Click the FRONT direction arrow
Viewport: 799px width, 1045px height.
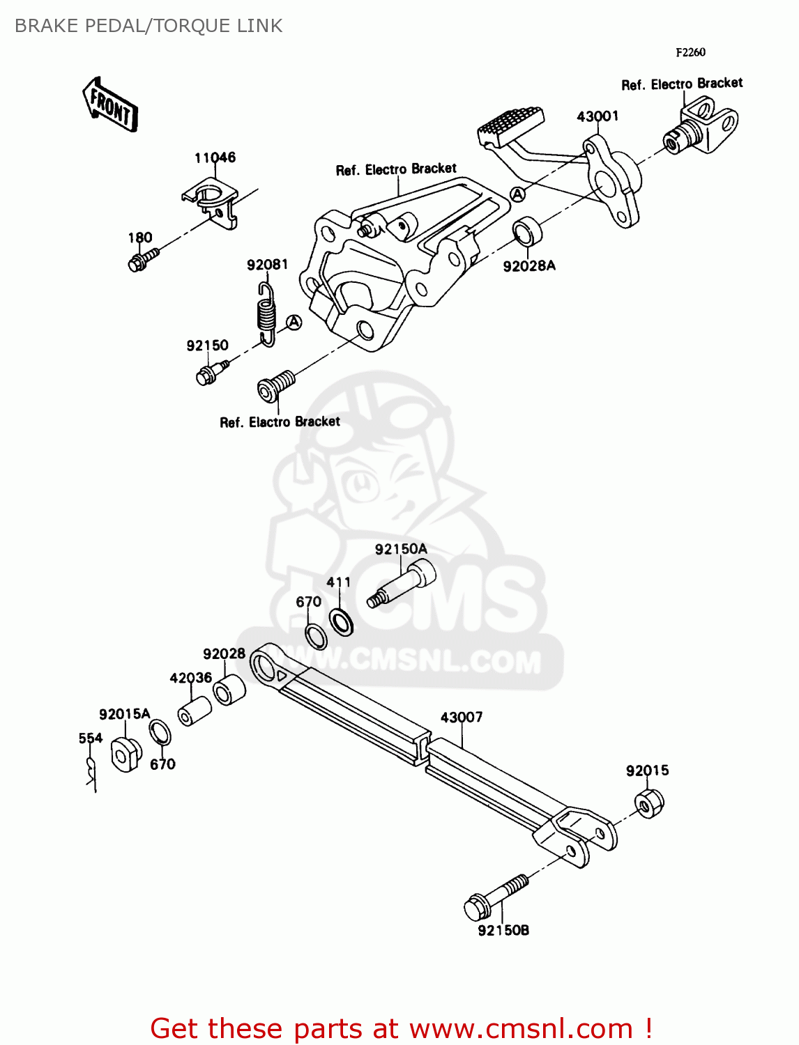[110, 105]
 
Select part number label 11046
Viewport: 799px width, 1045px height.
[215, 157]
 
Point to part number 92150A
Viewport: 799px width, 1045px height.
[401, 549]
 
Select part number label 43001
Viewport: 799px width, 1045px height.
[598, 116]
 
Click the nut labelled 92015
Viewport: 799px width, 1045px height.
[650, 803]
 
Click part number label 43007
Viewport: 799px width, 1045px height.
[462, 717]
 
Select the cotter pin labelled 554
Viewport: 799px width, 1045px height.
[91, 771]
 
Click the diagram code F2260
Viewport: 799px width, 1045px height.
[690, 52]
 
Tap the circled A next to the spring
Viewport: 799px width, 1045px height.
[294, 322]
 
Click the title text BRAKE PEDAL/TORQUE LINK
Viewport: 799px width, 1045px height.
[149, 26]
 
